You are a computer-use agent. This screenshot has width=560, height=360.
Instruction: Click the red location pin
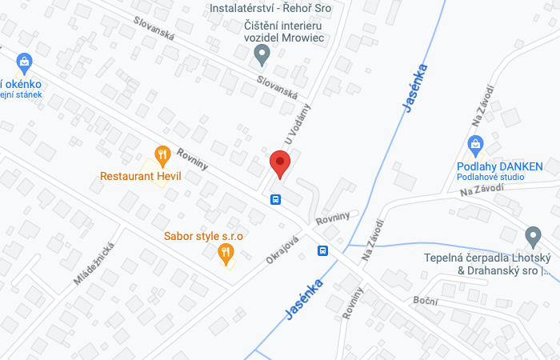[x=279, y=163]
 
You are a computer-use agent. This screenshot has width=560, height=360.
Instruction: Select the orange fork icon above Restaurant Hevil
[x=162, y=154]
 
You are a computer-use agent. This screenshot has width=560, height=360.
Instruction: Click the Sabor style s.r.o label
[x=203, y=236]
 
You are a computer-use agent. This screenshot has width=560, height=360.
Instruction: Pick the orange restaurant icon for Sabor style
[x=226, y=254]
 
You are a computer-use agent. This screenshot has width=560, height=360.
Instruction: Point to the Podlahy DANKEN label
[x=500, y=166]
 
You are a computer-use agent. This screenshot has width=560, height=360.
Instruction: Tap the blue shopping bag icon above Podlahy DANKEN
[x=475, y=146]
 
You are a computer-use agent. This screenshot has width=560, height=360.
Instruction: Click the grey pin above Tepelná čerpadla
[x=533, y=237]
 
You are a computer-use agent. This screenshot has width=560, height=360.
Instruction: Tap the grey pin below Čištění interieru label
[x=262, y=55]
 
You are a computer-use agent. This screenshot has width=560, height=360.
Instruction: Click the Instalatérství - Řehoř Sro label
[x=270, y=8]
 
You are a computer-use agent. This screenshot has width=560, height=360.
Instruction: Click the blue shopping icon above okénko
[x=24, y=62]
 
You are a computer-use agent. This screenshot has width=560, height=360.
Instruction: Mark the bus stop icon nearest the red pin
[x=275, y=199]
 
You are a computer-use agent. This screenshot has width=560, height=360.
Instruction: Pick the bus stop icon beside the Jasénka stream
[x=323, y=250]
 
